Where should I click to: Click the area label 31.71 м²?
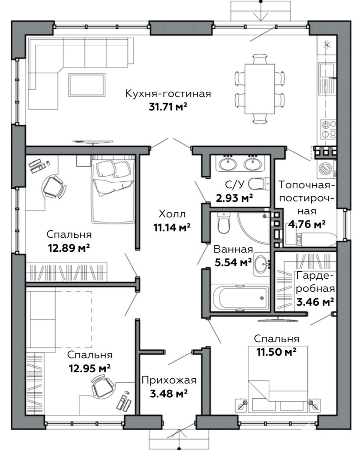[168, 107]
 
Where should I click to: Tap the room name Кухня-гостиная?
[168, 94]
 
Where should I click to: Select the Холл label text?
[172, 214]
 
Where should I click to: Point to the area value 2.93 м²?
[234, 198]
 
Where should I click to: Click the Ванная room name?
[233, 249]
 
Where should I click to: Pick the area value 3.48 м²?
[169, 393]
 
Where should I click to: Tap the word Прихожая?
[169, 380]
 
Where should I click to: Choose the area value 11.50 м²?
[276, 352]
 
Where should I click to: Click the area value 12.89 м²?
[69, 247]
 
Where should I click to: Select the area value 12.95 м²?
[90, 368]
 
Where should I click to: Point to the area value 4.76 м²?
[307, 224]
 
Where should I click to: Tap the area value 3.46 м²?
[315, 302]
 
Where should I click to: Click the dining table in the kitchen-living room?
[260, 89]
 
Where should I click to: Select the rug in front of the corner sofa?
[87, 85]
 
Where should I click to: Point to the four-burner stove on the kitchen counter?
[329, 129]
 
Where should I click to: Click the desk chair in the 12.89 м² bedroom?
[53, 187]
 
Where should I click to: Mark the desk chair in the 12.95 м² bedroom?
[101, 386]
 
